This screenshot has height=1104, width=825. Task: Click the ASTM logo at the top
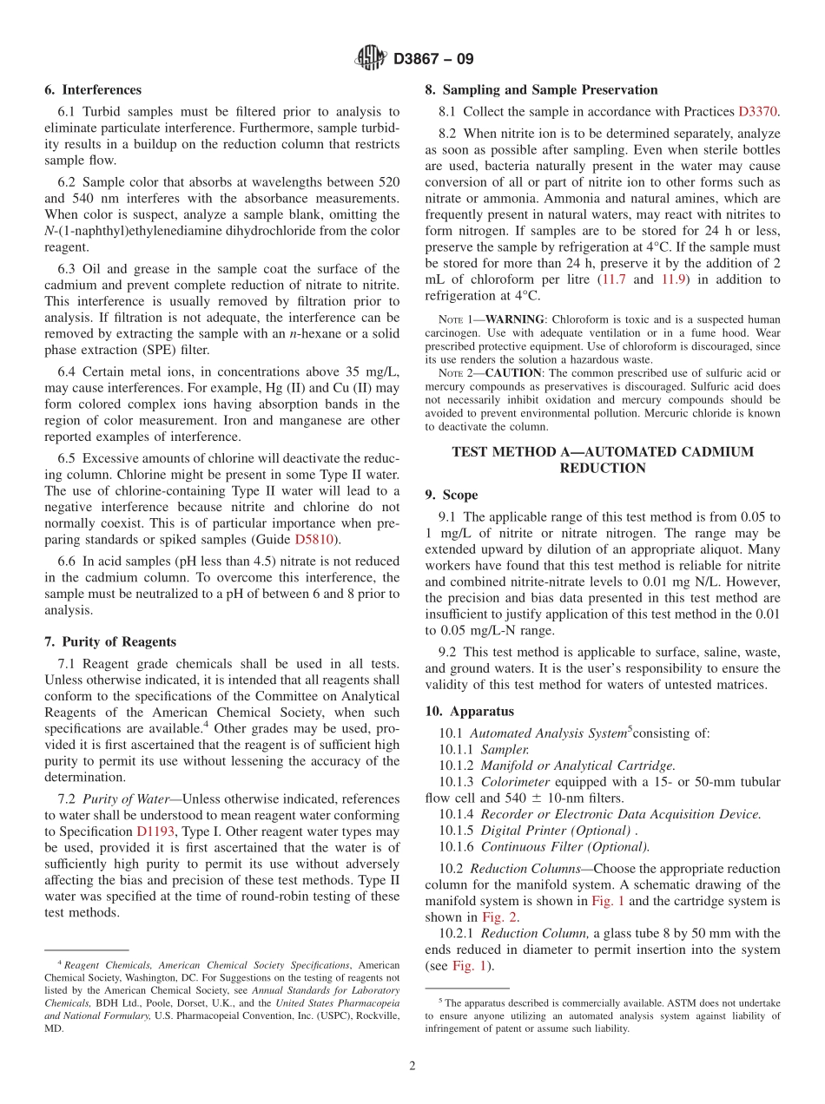tap(371, 59)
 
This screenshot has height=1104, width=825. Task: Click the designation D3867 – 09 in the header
tap(433, 60)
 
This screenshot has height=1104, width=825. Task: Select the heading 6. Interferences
tap(93, 89)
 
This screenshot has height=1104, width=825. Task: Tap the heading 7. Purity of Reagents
tap(110, 641)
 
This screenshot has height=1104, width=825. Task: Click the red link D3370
tap(757, 111)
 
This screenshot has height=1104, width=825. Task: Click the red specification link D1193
tap(155, 831)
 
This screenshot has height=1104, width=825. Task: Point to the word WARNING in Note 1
tap(505, 319)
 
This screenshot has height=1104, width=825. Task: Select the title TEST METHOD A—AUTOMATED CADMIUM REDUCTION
tap(603, 460)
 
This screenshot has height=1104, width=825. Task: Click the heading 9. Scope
tap(451, 495)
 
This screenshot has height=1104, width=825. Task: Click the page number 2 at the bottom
tap(412, 1066)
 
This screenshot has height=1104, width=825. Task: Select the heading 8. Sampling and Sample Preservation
tap(541, 89)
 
